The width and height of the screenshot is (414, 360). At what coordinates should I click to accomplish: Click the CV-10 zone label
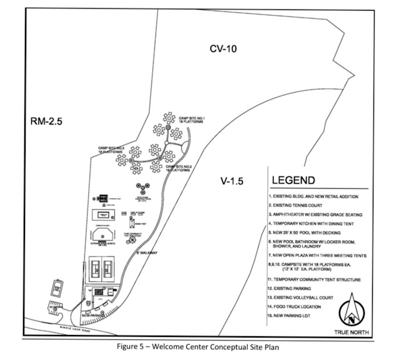tap(224, 48)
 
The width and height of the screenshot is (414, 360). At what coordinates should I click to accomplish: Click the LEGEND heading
tap(293, 181)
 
